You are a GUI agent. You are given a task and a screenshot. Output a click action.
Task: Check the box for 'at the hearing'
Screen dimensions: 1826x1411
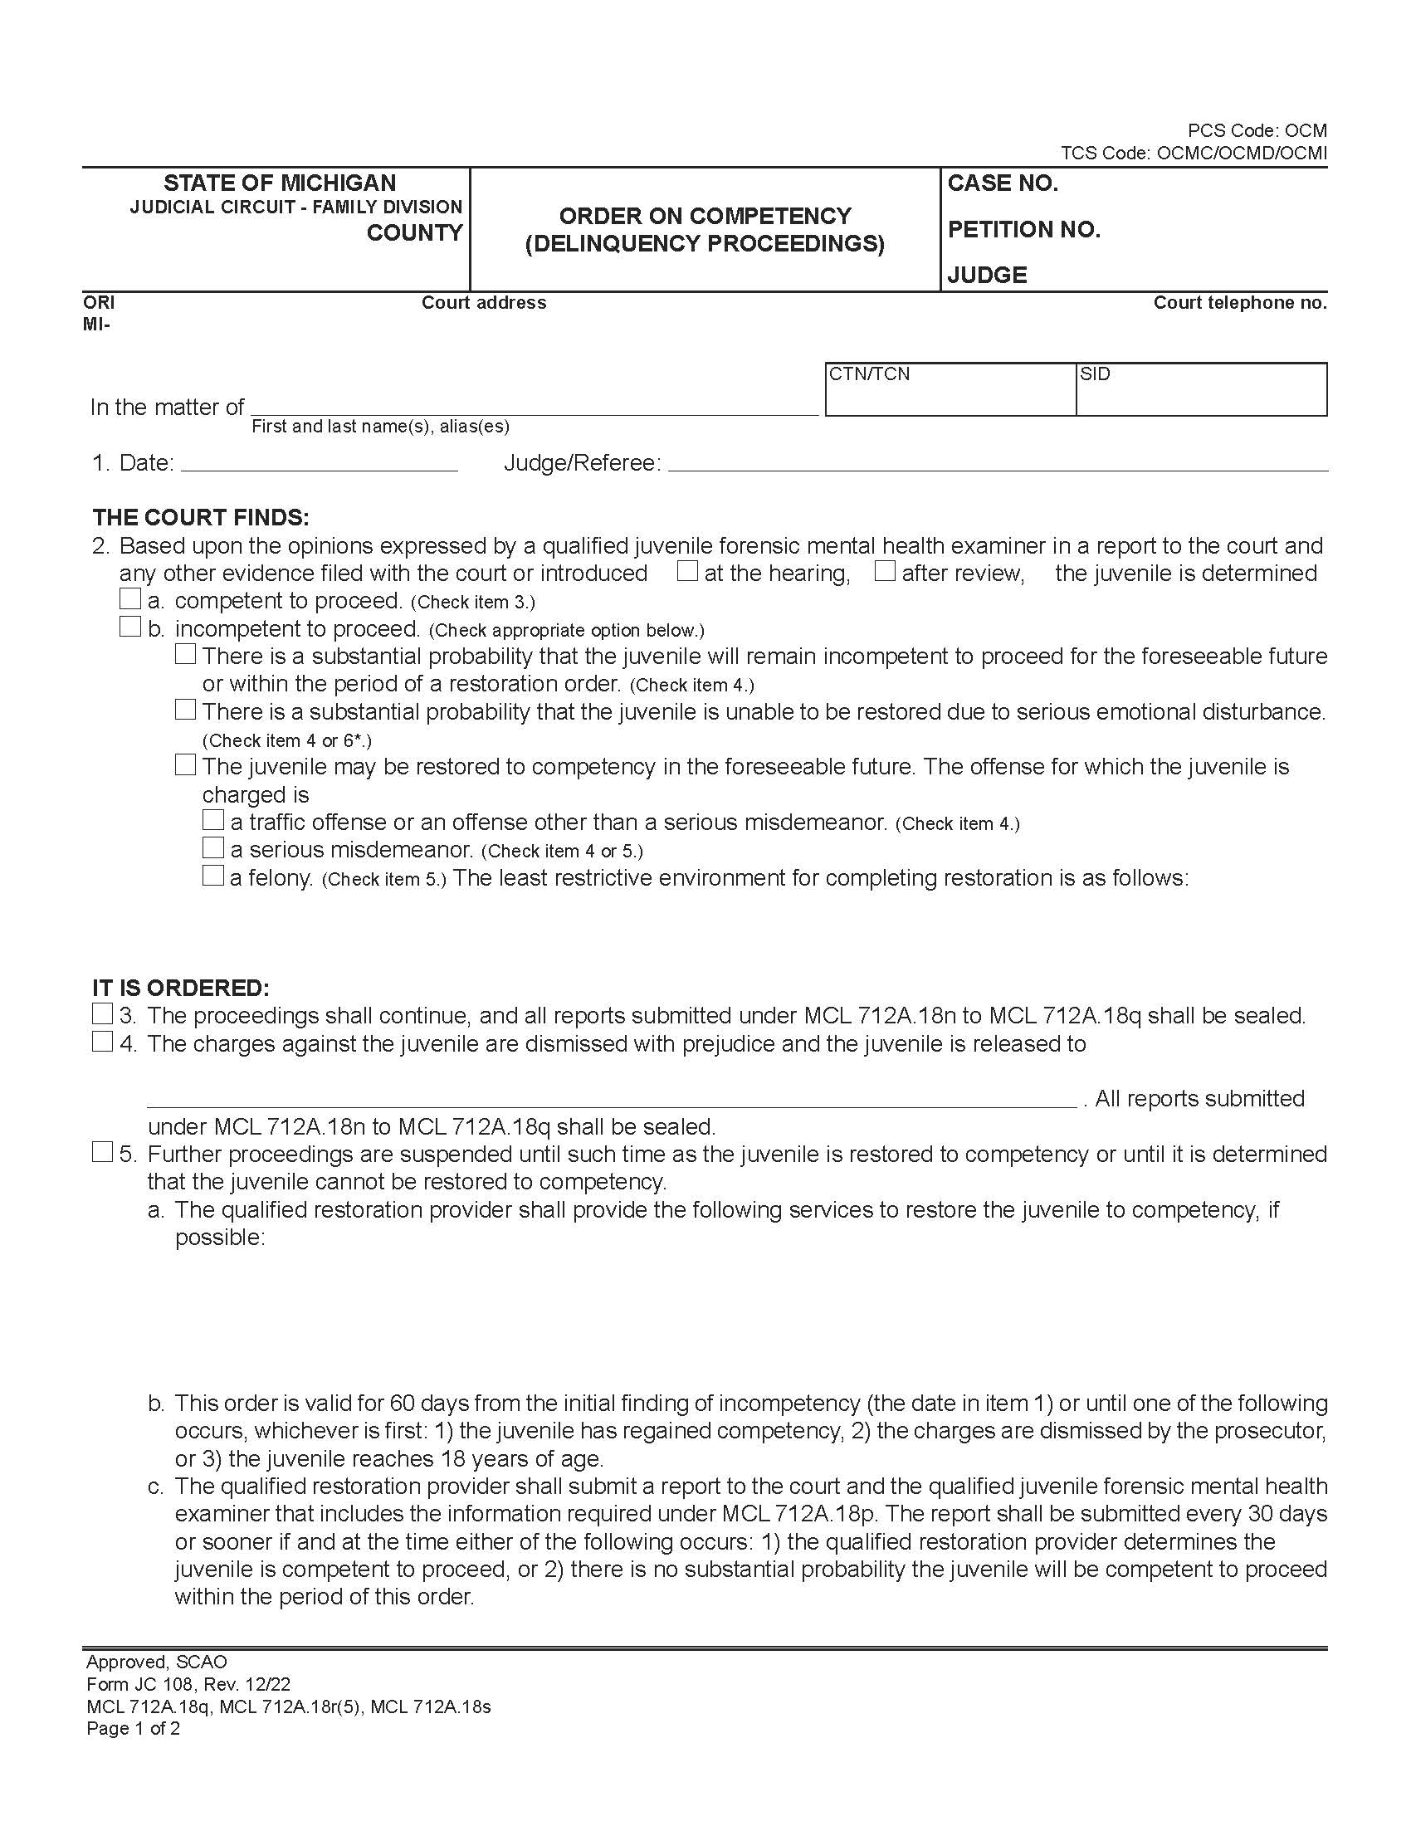coord(687,572)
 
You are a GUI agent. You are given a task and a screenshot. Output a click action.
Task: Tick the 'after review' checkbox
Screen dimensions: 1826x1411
coord(885,572)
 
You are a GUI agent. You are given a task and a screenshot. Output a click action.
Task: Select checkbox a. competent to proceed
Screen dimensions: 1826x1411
coord(129,599)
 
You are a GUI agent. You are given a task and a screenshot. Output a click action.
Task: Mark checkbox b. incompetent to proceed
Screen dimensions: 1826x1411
coord(129,627)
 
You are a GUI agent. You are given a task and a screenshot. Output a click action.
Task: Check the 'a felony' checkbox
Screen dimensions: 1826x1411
coord(213,876)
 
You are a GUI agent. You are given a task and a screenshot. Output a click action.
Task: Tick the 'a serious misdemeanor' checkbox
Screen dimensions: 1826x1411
coord(213,848)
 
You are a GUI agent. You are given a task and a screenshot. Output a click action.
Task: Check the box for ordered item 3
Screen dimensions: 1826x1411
coord(102,1014)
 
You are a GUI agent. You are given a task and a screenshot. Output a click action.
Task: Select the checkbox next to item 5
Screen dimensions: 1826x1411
coord(102,1153)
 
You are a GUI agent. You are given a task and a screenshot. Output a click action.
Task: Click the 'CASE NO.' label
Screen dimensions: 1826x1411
coord(1003,183)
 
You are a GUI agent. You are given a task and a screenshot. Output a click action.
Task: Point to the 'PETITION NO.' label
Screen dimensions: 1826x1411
coord(1023,229)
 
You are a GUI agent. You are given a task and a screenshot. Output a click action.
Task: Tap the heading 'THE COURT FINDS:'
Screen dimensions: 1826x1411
coord(201,518)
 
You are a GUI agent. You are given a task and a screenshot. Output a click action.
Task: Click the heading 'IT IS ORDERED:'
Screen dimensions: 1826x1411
coord(181,988)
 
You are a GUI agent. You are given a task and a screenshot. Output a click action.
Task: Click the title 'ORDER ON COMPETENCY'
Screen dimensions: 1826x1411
coord(705,216)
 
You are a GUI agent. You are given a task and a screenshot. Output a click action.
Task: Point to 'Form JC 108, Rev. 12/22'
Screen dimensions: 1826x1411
coord(188,1685)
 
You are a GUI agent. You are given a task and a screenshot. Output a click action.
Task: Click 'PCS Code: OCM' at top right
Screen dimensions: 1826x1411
coord(1257,130)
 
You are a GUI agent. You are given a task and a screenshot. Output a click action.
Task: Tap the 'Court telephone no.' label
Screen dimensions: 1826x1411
coord(1240,303)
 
